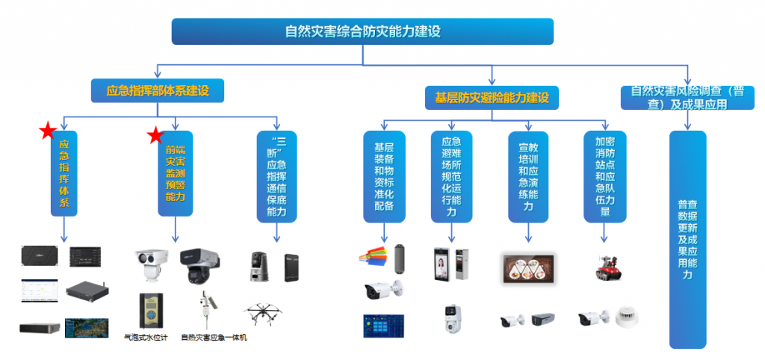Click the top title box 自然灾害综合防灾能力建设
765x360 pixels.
pos(362,31)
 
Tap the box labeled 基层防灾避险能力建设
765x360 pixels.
pos(492,97)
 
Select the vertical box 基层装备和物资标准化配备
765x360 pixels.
pos(384,176)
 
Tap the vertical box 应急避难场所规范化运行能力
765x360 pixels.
pos(451,176)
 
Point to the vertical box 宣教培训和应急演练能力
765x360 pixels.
pos(528,176)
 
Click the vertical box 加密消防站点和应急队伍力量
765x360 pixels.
pos(604,176)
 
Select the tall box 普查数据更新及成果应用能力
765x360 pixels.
pos(687,239)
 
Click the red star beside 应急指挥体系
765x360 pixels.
pos(49,132)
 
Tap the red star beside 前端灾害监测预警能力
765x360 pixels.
pos(155,135)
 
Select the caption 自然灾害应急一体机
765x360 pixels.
pos(214,338)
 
